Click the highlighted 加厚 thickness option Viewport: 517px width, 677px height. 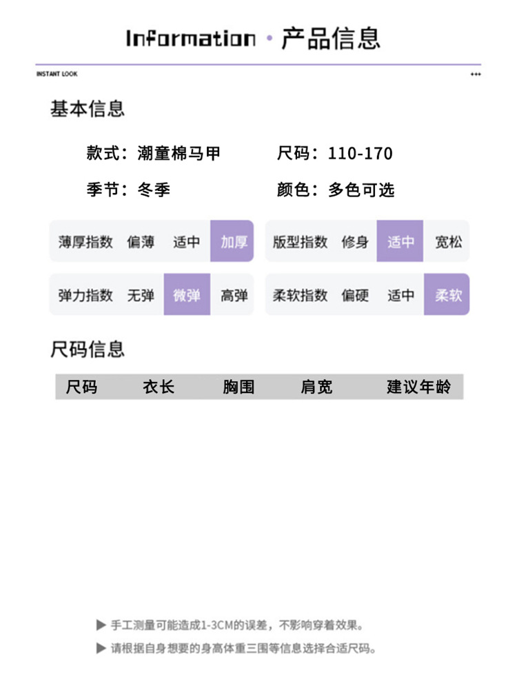[x=232, y=241]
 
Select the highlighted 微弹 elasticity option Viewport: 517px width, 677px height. [x=187, y=295]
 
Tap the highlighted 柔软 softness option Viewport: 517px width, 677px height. [x=447, y=295]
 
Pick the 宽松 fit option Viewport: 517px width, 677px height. [x=447, y=241]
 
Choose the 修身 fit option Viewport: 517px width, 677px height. [x=354, y=241]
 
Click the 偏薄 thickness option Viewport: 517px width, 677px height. [x=141, y=241]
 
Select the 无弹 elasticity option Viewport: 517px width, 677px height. [x=141, y=295]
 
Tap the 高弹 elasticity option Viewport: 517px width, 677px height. [x=234, y=295]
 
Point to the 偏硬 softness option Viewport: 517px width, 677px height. [x=355, y=295]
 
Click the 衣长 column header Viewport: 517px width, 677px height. [x=159, y=387]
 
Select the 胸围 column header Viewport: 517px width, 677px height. [x=239, y=387]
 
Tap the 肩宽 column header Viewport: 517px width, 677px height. [x=316, y=387]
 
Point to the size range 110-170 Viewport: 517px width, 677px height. [x=360, y=153]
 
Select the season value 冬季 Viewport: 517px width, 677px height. [x=154, y=190]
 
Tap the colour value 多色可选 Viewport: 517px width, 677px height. [x=361, y=190]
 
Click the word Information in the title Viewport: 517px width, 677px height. [x=190, y=38]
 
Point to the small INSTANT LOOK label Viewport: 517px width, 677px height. [x=57, y=74]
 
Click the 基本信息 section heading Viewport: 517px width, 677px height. [x=88, y=108]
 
